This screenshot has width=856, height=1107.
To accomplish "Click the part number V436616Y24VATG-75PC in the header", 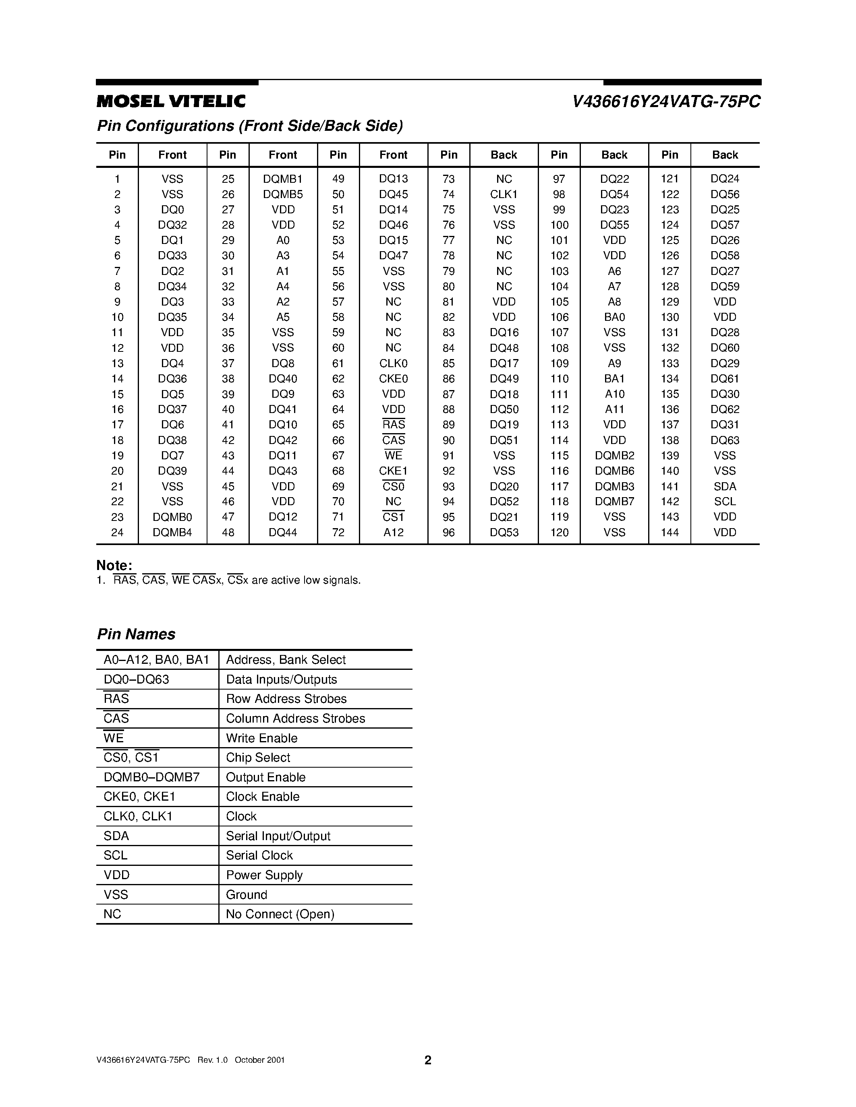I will (666, 102).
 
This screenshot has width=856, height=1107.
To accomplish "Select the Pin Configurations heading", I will (250, 126).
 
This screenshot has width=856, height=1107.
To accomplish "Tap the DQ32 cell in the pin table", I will (172, 225).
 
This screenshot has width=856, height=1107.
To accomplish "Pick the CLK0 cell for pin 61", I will (393, 363).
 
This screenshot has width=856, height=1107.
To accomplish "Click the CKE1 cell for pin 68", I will (393, 471).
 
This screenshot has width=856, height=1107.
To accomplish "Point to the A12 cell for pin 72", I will (393, 532).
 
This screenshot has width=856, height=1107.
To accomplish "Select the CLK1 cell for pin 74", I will (504, 194).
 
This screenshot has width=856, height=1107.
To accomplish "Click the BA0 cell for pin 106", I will (614, 317).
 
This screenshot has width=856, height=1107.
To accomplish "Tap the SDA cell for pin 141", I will (725, 487).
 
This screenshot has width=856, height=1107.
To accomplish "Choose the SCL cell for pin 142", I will (725, 501).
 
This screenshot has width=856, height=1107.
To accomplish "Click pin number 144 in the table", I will (669, 532).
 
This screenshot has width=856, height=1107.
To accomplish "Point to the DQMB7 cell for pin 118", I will (614, 501).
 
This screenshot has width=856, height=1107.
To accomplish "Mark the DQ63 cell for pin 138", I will (725, 440).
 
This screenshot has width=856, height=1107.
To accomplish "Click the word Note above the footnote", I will (114, 566).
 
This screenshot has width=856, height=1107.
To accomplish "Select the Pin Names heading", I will (136, 634).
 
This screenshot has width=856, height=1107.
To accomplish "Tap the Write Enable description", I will (262, 738).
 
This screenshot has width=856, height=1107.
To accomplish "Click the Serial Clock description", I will (259, 855).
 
